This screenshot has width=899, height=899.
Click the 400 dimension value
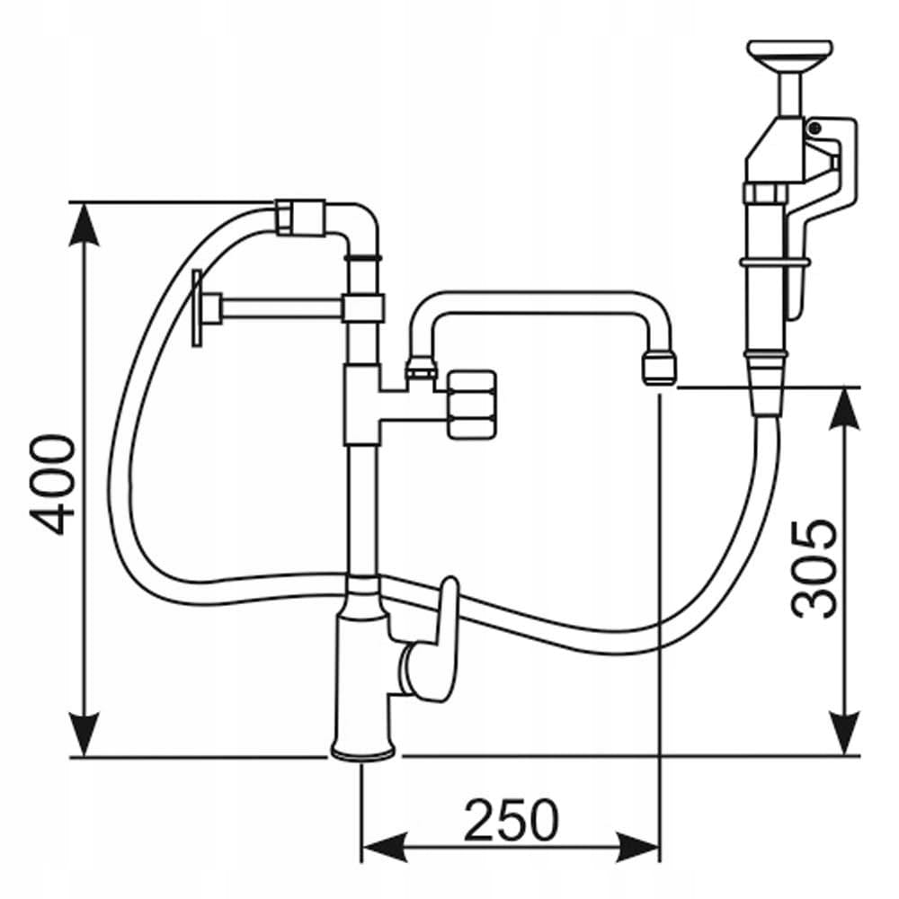(53, 485)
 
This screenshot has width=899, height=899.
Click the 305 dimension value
(814, 569)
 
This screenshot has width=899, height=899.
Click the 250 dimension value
(511, 819)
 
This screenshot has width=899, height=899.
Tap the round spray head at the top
(790, 53)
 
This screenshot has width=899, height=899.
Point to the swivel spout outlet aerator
(659, 368)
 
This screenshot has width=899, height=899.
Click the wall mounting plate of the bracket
(197, 308)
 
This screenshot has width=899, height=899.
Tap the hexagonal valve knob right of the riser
(471, 405)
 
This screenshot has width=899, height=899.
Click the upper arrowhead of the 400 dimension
(84, 224)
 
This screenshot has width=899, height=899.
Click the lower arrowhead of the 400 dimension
(84, 735)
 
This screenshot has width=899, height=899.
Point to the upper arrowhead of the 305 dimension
(845, 409)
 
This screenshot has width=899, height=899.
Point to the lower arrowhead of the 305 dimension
(845, 734)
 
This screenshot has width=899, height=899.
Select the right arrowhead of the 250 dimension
(637, 846)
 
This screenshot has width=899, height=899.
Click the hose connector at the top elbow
(300, 217)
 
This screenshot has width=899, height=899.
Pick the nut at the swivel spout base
(422, 368)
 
